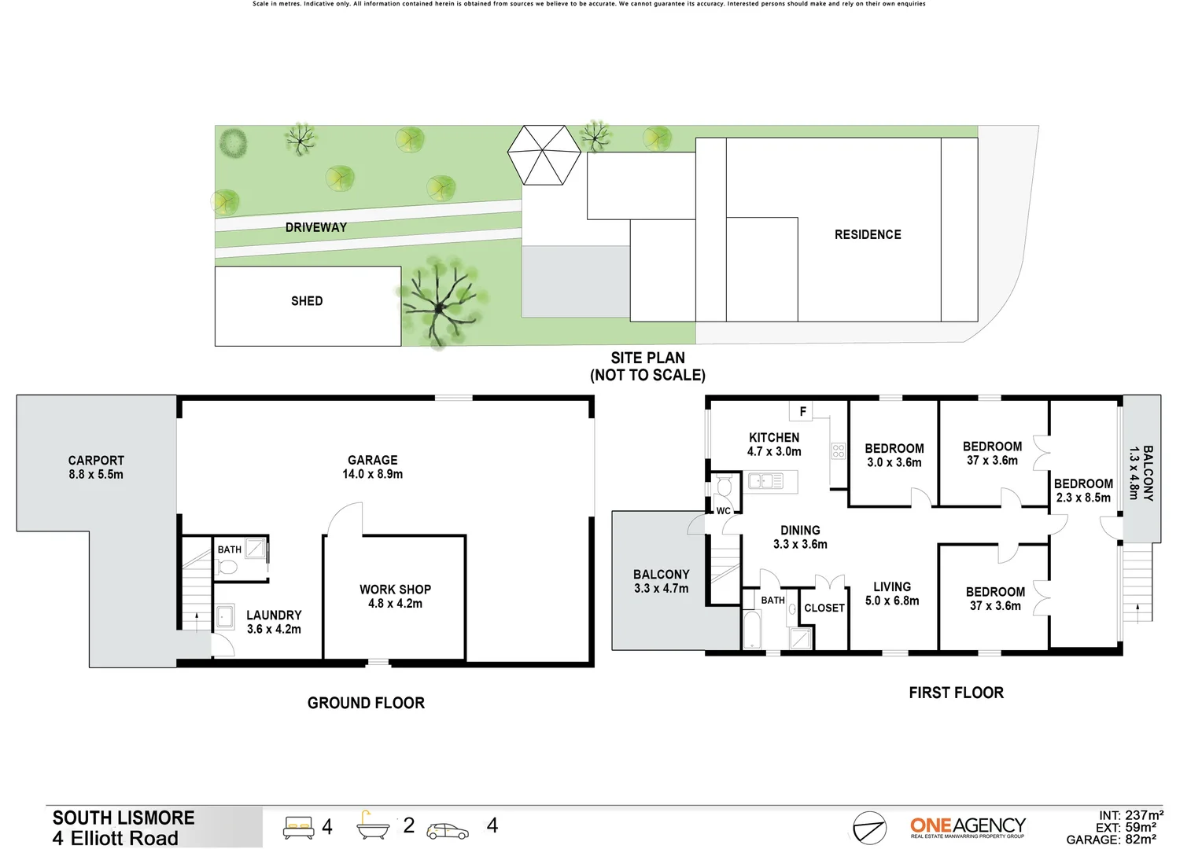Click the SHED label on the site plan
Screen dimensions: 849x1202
(x=307, y=301)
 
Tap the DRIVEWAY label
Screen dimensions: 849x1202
(x=315, y=227)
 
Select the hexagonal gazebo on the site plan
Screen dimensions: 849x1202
(x=544, y=155)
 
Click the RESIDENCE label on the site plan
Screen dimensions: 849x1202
(x=868, y=234)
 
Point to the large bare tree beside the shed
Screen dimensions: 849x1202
(x=439, y=304)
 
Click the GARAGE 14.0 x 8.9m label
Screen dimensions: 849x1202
(x=372, y=467)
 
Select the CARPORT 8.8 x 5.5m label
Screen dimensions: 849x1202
(x=96, y=467)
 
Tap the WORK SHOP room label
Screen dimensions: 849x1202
(x=395, y=596)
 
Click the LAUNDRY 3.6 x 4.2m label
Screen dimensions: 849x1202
(x=274, y=622)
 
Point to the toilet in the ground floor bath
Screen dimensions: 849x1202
(x=227, y=567)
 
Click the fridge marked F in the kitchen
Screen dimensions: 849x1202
(x=802, y=411)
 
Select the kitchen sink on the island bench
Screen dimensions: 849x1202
(x=765, y=480)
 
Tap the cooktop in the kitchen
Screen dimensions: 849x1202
(x=838, y=451)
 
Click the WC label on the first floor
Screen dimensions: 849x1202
(x=723, y=511)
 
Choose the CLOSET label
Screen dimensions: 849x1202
(x=824, y=608)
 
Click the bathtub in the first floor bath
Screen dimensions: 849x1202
(x=752, y=630)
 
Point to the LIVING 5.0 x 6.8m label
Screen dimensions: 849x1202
(x=892, y=594)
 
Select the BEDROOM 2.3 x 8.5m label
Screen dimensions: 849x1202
(x=1083, y=491)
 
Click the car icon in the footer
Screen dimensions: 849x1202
(x=447, y=831)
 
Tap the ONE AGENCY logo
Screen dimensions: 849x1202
(x=968, y=827)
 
